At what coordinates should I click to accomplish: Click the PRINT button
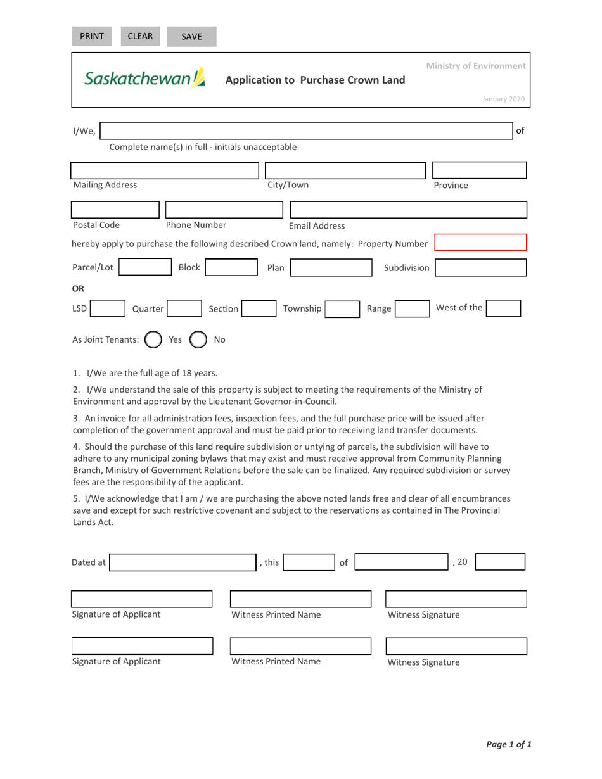[91, 36]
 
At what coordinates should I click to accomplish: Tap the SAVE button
[191, 37]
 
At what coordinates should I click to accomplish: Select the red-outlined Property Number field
[480, 243]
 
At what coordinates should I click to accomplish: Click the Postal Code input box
[115, 210]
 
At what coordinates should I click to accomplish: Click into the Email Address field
[407, 210]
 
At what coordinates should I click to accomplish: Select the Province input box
[479, 170]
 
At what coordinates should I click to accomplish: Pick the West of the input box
[503, 308]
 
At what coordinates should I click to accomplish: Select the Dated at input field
[173, 562]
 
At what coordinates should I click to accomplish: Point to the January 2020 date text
[503, 99]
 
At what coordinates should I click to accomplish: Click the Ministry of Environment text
[475, 66]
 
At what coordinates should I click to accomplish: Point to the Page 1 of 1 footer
[508, 745]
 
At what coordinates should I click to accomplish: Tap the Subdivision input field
[480, 268]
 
